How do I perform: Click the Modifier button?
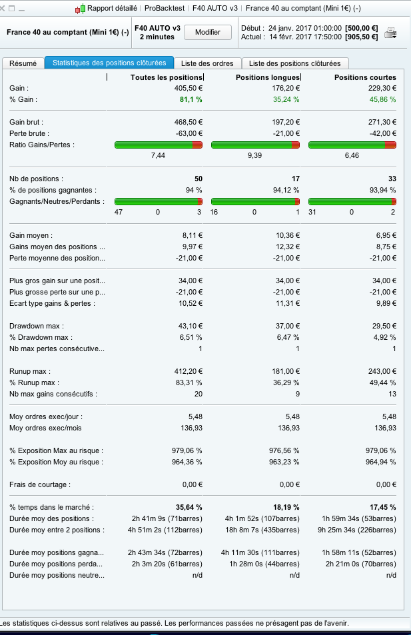point(207,32)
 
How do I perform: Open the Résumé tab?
point(23,63)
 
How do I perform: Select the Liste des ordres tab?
point(207,63)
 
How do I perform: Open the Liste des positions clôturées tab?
point(294,63)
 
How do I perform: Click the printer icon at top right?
point(391,33)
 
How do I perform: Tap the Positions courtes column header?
point(365,78)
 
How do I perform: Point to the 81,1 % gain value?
point(191,99)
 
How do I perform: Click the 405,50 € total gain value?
point(188,88)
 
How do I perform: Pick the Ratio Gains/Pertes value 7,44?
point(158,155)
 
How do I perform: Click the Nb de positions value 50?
point(198,179)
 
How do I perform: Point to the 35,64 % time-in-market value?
point(189,507)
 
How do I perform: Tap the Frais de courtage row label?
point(39,484)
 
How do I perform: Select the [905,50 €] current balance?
point(362,37)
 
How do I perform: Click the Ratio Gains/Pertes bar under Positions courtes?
point(352,145)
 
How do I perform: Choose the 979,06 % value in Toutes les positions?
point(187,450)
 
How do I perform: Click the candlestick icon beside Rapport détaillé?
point(80,9)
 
